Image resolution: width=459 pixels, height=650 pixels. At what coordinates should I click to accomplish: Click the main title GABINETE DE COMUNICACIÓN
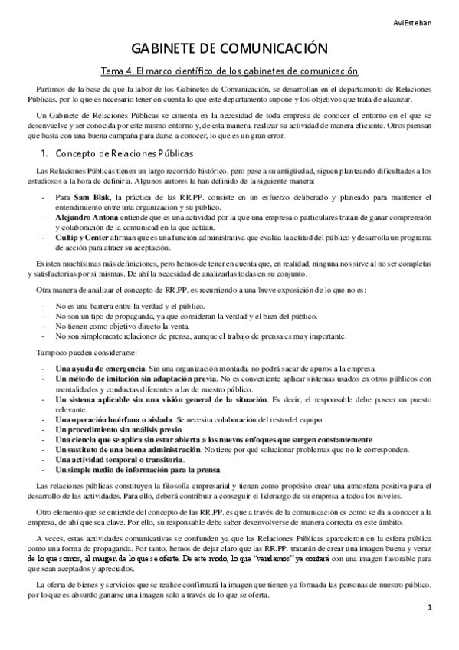click(229, 48)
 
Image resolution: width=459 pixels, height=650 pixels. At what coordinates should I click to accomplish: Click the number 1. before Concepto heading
click(45, 153)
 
